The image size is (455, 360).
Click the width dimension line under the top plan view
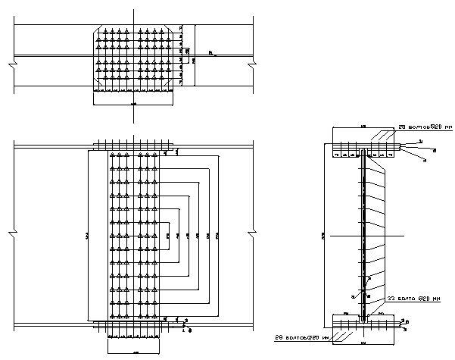pyautogui.click(x=134, y=103)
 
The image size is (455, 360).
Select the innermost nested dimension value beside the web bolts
pyautogui.click(x=167, y=236)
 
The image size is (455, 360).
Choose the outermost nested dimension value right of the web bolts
pyautogui.click(x=218, y=236)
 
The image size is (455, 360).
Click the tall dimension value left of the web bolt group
pyautogui.click(x=87, y=236)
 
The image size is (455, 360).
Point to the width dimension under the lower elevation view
pyautogui.click(x=134, y=352)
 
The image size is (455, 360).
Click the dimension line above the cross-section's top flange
pyautogui.click(x=363, y=127)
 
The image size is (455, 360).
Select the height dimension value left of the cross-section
pyautogui.click(x=323, y=236)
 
